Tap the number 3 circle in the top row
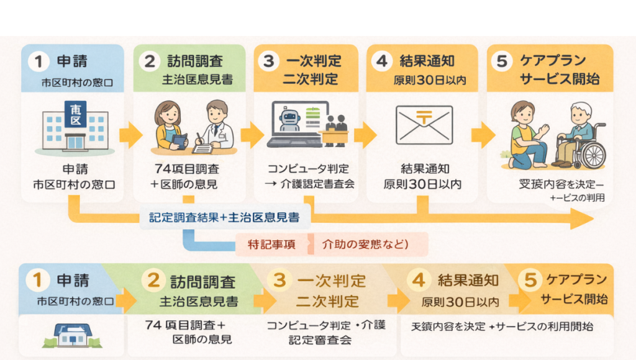point(269,62)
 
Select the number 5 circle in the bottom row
point(530,280)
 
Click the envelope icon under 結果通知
point(424,124)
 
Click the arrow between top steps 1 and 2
point(131,135)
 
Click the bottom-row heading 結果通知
point(468,280)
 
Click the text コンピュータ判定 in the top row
point(308,169)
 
